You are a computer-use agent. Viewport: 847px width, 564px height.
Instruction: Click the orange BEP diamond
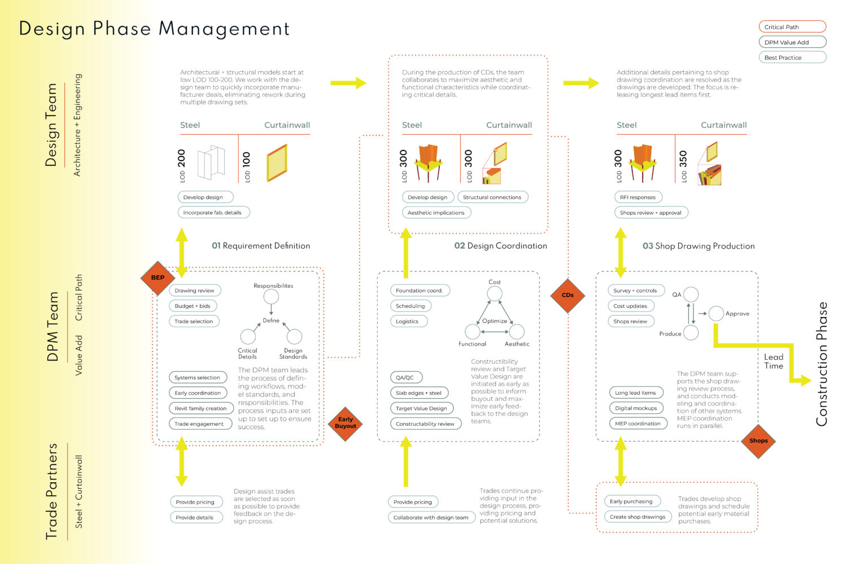158,277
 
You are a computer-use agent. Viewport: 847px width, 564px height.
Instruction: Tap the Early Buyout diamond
345,424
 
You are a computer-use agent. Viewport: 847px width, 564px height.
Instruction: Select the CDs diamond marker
567,296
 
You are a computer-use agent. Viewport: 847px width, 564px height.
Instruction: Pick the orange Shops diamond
758,441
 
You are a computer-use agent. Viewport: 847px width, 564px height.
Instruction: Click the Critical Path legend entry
792,27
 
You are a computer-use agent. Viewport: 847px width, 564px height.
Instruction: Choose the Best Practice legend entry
792,58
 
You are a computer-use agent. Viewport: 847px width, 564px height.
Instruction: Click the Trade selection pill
194,321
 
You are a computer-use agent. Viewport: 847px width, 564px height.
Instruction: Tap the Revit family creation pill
201,408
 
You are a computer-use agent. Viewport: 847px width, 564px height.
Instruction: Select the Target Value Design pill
422,408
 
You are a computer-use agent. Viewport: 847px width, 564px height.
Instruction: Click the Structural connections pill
493,197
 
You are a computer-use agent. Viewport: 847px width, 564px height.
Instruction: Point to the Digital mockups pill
636,408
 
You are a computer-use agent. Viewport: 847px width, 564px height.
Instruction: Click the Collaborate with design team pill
431,518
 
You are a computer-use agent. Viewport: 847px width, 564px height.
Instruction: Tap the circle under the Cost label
494,293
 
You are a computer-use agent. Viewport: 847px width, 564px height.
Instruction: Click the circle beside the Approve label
716,314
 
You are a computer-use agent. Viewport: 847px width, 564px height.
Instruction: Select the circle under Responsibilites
271,297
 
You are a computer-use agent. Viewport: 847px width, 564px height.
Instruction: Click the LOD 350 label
683,166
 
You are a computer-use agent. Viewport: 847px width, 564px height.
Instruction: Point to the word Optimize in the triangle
495,321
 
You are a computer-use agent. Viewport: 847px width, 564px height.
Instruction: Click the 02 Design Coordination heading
501,246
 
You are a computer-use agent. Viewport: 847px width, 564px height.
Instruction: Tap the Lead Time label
774,362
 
